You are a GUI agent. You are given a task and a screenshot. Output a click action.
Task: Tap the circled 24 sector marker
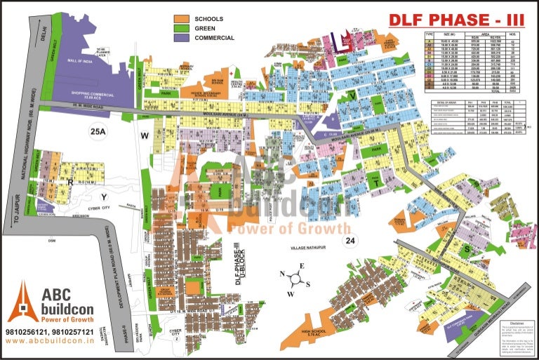pyautogui.click(x=349, y=241)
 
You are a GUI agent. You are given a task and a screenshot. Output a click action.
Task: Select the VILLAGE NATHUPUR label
pyautogui.click(x=312, y=248)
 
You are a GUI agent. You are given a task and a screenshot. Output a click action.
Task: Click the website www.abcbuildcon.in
pyautogui.click(x=50, y=340)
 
